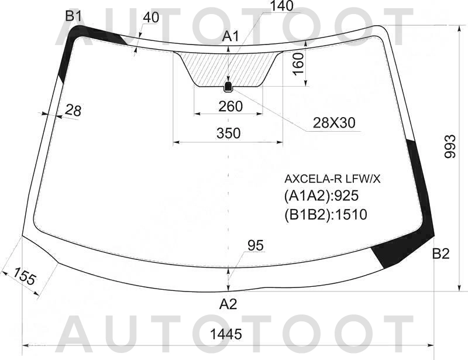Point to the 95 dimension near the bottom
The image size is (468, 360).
click(x=256, y=246)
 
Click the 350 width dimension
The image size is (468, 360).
click(x=228, y=133)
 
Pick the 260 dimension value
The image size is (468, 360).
click(x=230, y=107)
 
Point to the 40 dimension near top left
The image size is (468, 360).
click(x=150, y=18)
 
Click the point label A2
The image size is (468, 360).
click(x=228, y=304)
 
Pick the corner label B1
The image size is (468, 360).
click(x=73, y=16)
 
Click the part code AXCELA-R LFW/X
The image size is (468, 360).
click(x=332, y=179)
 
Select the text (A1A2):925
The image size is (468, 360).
click(x=321, y=196)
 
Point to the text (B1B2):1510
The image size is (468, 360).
click(x=325, y=215)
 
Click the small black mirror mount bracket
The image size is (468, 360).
click(x=228, y=87)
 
